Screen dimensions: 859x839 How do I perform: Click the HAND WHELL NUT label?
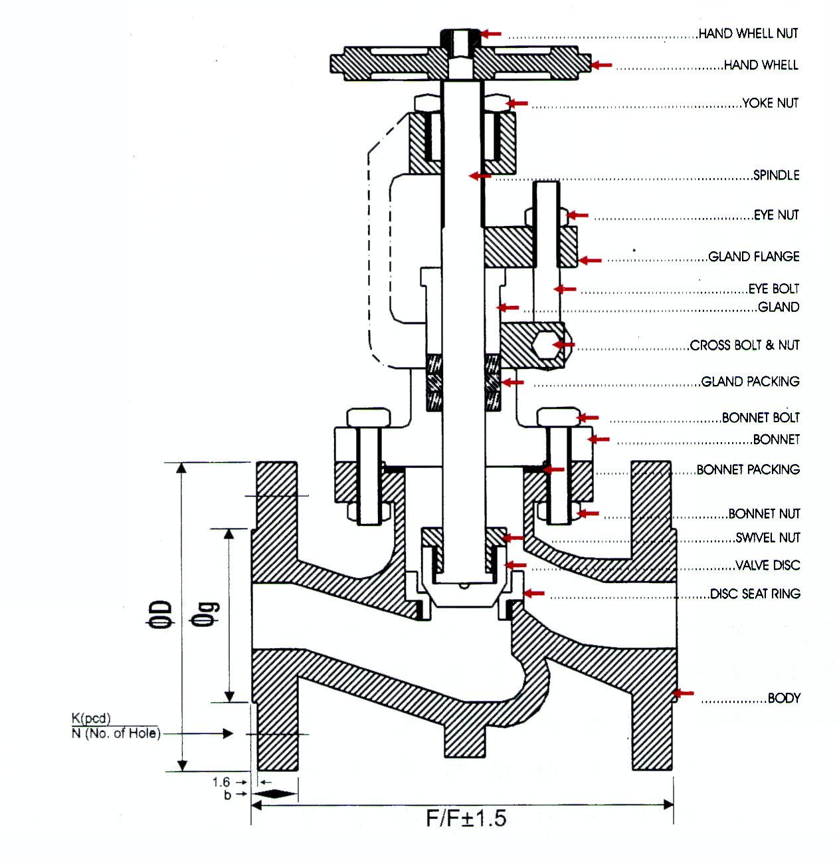748,33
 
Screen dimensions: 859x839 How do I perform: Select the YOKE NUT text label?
770,103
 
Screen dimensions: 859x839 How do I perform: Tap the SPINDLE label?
776,176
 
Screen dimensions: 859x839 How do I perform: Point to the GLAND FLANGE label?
754,257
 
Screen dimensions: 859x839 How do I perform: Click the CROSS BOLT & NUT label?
745,345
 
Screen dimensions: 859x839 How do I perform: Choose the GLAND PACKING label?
751,382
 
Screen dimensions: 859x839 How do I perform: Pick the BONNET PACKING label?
748,469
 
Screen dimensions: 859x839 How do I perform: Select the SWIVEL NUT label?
768,538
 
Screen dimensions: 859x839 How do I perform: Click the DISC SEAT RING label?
755,594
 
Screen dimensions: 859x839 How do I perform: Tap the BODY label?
784,698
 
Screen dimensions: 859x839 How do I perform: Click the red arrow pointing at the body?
684,693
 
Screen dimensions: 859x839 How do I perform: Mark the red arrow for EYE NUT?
577,215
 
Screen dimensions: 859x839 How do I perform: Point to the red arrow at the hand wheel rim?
602,65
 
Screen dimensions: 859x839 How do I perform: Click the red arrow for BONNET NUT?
588,513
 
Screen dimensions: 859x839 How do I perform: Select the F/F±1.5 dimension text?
466,818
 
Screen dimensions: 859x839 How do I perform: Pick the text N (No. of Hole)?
116,734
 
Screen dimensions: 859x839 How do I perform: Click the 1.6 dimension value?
221,782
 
